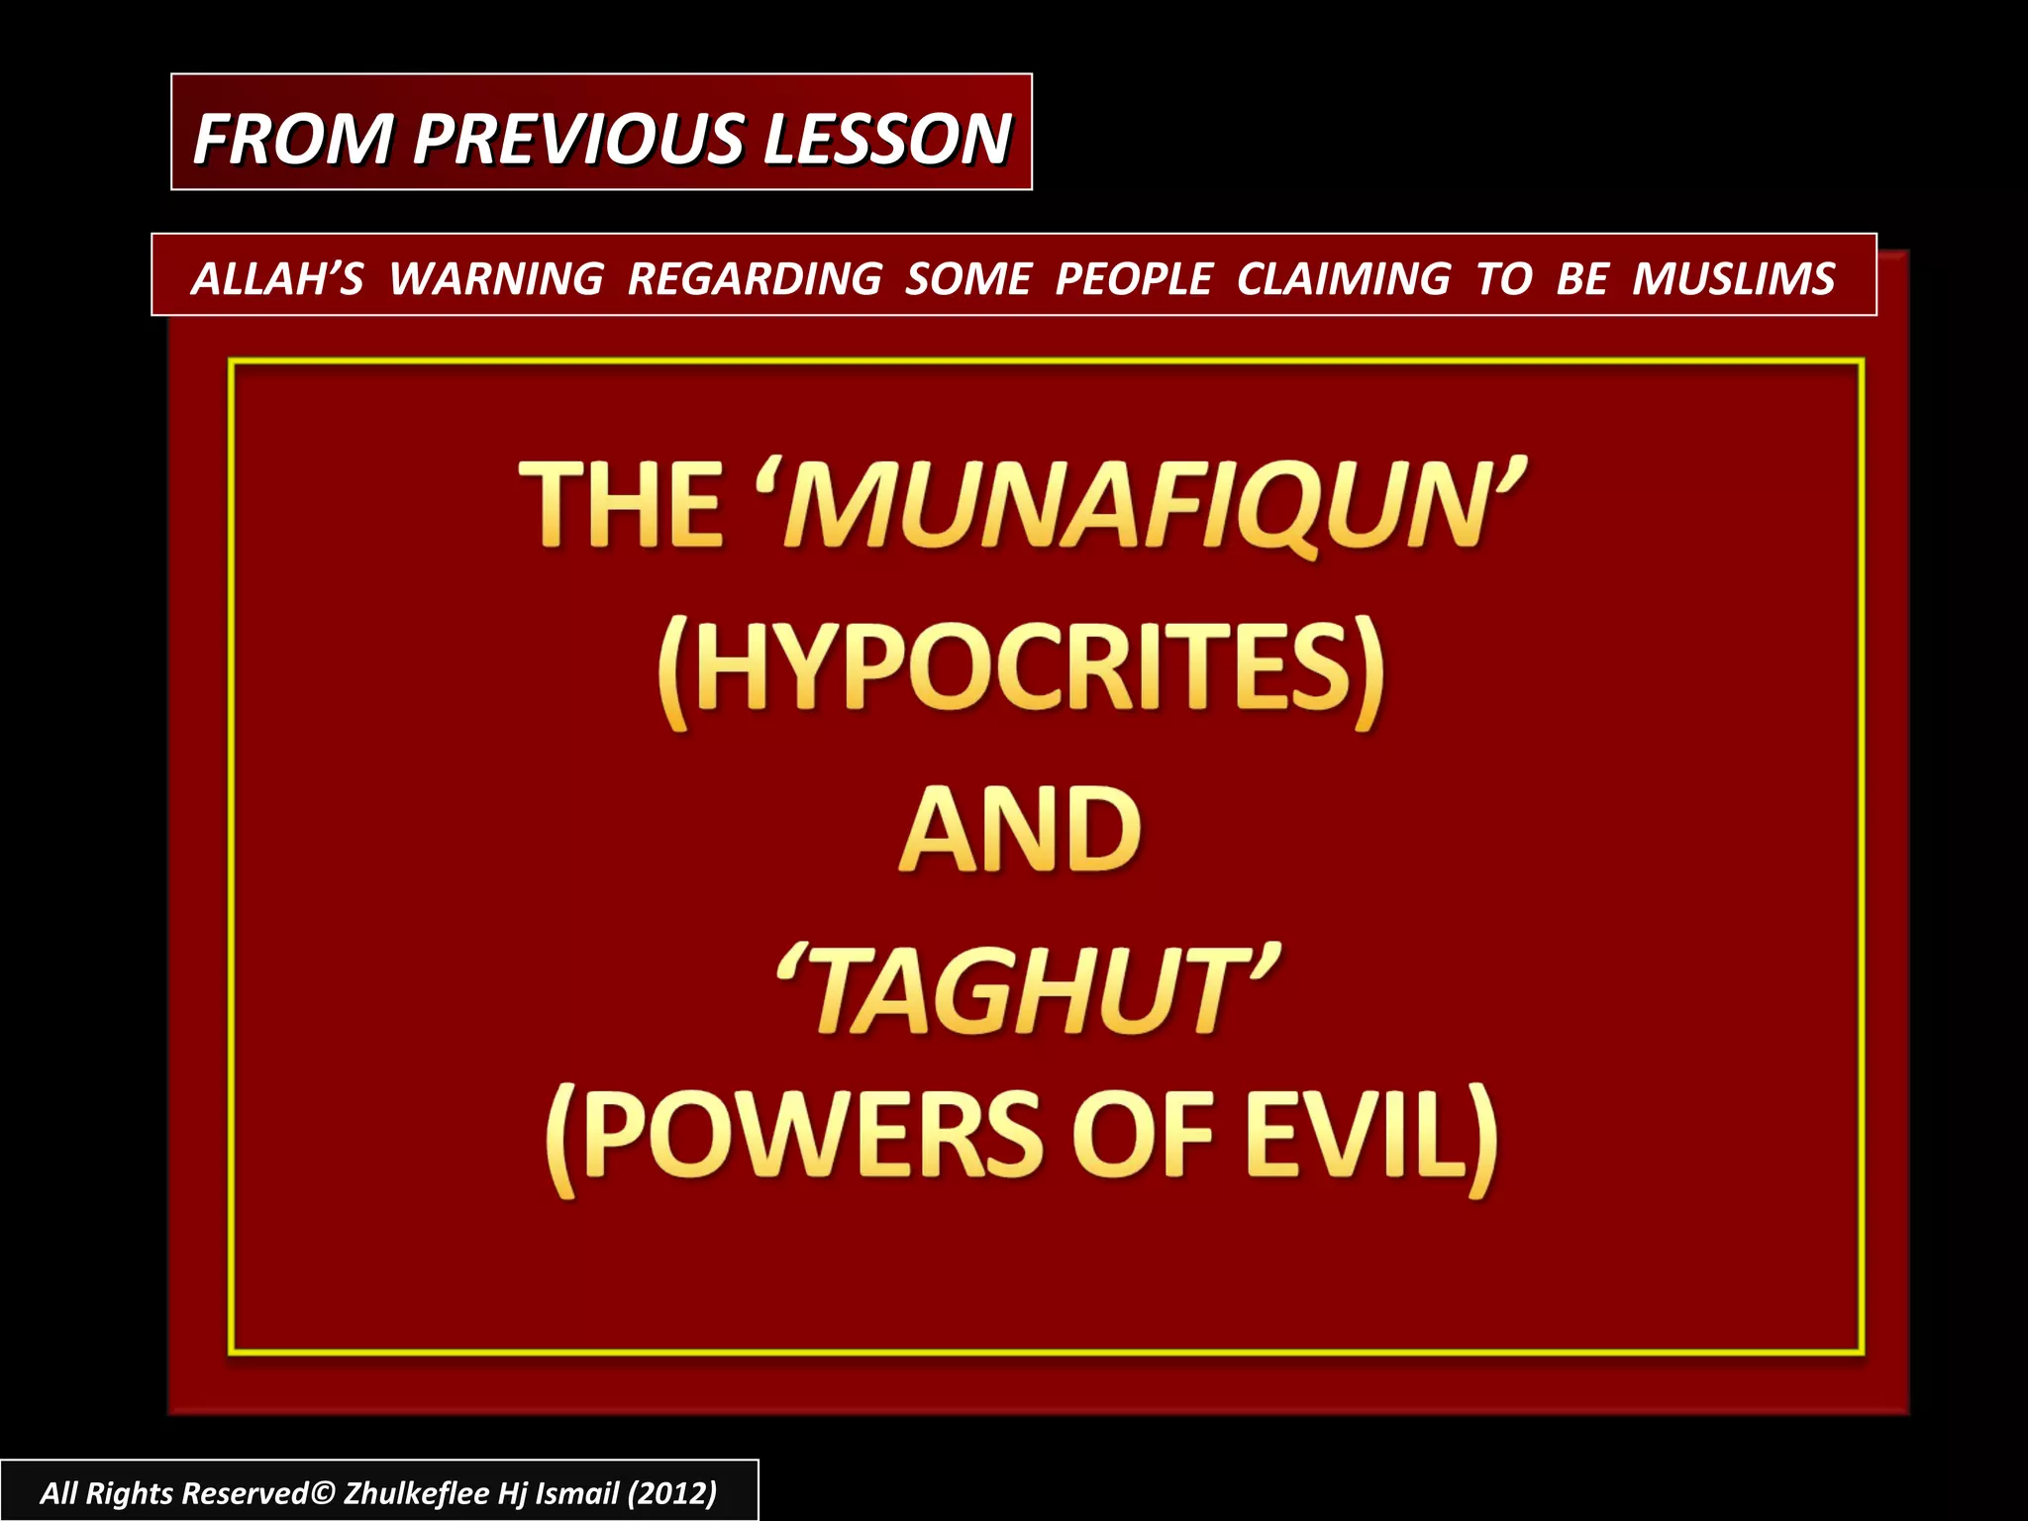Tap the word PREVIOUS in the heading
578,138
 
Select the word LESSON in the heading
886,138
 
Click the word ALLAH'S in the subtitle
277,278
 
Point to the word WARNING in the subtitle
496,278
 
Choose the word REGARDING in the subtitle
755,278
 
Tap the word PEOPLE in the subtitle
1134,278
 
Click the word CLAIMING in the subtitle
1344,278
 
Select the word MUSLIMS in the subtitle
1734,278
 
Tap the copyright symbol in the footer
323,1493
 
